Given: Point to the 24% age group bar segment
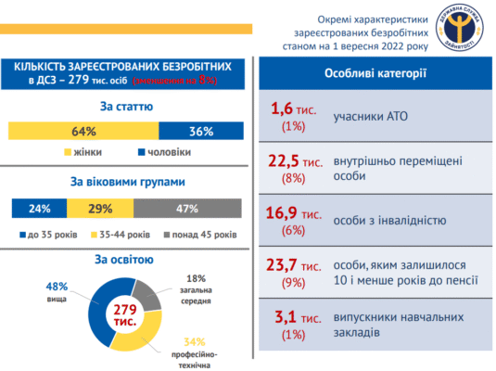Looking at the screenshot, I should click(x=39, y=208).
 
